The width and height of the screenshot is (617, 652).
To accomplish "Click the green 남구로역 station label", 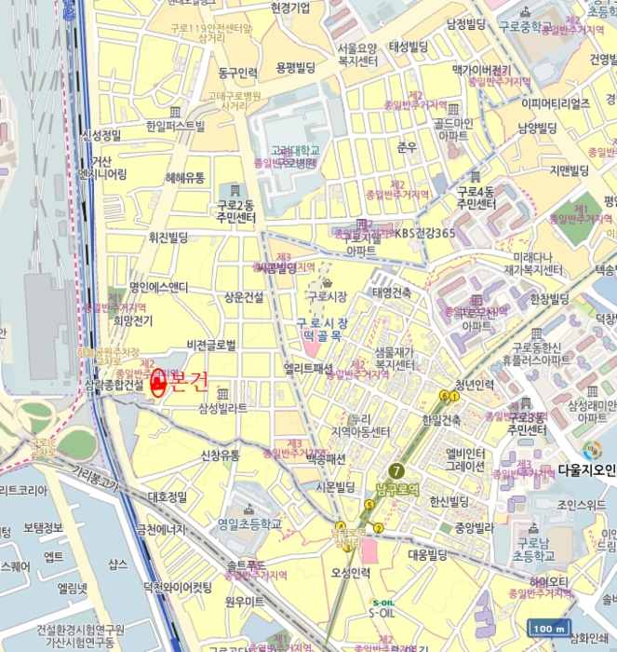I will coord(399,485).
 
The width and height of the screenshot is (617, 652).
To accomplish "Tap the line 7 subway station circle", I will coord(397,469).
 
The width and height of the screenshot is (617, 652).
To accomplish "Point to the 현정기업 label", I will coord(290,7).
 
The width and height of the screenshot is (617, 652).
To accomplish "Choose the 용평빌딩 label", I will coord(296,67).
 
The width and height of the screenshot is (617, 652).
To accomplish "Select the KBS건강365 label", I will coord(424,233).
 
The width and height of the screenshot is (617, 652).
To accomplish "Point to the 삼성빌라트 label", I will coord(222,408).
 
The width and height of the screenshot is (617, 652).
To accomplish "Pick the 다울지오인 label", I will coord(587,470).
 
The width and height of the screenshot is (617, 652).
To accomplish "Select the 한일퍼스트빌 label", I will coord(175,126).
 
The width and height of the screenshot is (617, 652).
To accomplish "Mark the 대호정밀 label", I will coord(168,497).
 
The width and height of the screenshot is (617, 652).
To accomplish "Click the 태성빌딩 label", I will coord(408,47).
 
